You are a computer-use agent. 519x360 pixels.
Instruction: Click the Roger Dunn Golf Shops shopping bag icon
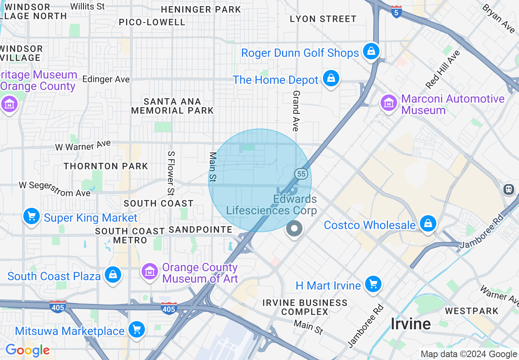coord(371,52)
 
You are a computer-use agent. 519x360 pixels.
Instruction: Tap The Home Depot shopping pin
coord(331,79)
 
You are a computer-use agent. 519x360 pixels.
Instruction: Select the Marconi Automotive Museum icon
coord(389,103)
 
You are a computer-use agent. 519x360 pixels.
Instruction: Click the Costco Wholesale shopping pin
coord(428,224)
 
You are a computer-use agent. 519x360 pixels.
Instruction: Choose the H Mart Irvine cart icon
coord(372,284)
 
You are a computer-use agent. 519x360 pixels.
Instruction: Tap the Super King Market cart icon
coord(31,216)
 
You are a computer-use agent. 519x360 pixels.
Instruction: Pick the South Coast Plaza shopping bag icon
coord(113,275)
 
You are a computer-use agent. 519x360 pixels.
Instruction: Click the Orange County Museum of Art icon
coord(149,272)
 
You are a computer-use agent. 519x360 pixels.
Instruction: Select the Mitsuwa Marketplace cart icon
coord(136,330)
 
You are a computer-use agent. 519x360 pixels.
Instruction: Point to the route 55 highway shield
coord(301,174)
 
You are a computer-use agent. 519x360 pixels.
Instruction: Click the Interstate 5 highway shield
coord(396,12)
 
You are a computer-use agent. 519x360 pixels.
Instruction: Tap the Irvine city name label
coord(410,324)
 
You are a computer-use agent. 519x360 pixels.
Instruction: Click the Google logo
coord(27,350)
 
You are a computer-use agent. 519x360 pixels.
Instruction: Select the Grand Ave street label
coord(296,111)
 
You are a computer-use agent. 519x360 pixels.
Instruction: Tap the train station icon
coord(509,189)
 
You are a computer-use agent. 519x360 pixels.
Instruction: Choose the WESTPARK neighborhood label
coord(472,311)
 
